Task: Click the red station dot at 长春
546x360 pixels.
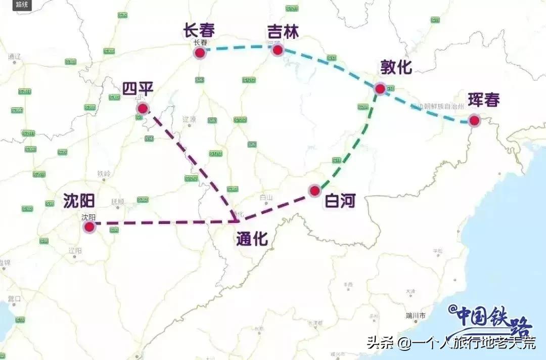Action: (x=200, y=53)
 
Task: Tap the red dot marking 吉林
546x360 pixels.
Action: (x=277, y=50)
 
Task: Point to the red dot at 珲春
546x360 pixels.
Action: (x=474, y=120)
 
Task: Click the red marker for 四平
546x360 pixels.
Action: (x=143, y=108)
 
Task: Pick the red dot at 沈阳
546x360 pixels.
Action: (x=89, y=227)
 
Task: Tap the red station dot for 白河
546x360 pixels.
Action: (x=314, y=191)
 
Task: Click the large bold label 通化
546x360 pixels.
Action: (x=252, y=239)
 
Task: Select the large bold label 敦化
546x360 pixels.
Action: (x=396, y=67)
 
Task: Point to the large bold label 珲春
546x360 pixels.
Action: (x=483, y=100)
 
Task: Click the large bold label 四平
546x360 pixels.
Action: (x=138, y=89)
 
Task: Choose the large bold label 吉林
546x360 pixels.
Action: (x=283, y=32)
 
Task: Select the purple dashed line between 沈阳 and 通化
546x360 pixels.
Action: (x=162, y=222)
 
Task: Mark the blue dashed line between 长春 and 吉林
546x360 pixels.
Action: (x=238, y=47)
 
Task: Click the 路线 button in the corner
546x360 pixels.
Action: (x=21, y=5)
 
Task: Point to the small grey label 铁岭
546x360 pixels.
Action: (x=104, y=174)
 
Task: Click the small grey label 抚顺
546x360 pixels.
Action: (x=117, y=201)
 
